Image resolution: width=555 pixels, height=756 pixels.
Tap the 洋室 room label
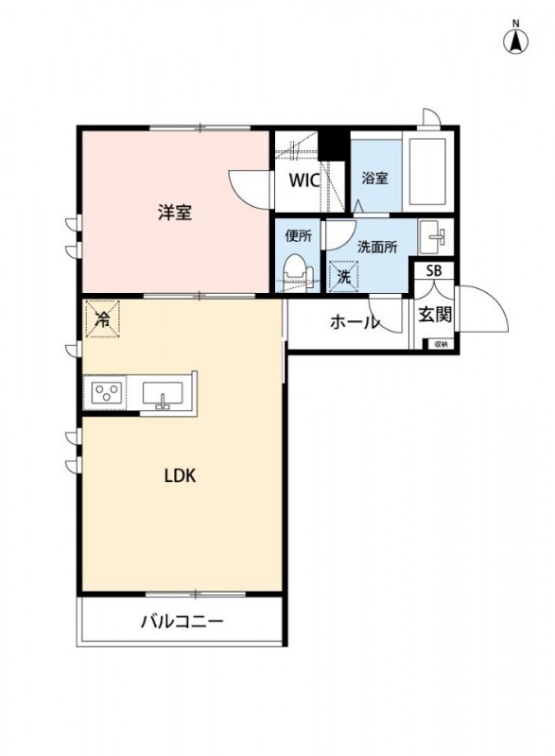[175, 213]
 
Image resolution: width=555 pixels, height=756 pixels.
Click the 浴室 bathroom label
[375, 177]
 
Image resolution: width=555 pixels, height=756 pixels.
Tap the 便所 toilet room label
[298, 236]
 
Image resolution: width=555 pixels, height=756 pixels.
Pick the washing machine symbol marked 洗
[343, 277]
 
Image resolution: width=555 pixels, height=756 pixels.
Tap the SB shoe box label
[434, 271]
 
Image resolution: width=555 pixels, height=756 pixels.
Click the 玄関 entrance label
[435, 315]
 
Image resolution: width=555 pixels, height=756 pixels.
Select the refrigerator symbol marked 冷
[101, 318]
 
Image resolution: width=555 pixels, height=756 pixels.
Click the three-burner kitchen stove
[106, 393]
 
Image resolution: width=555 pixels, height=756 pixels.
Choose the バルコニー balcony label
[182, 622]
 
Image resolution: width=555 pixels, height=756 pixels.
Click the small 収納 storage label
[440, 345]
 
